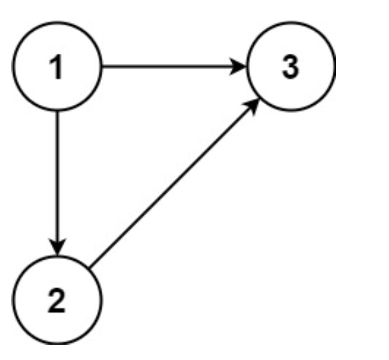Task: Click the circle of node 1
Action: click(58, 67)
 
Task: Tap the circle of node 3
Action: click(291, 67)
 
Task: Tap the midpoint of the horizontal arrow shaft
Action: click(174, 67)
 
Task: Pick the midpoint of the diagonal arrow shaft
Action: click(174, 185)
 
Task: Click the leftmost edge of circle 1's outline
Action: click(15, 67)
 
